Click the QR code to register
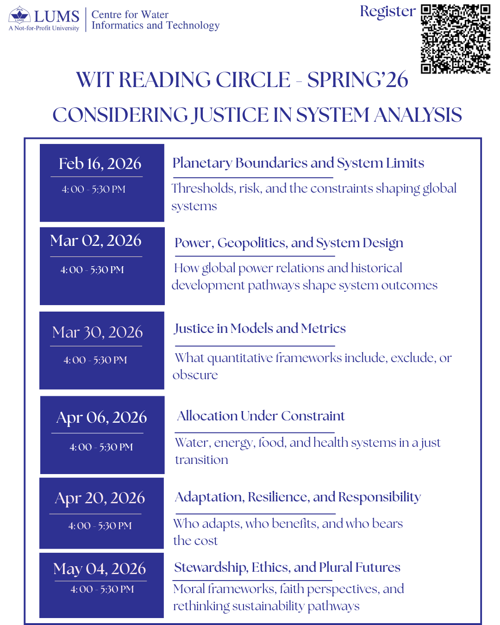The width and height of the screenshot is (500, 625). coord(456,39)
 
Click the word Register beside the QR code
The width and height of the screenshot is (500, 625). coord(387,11)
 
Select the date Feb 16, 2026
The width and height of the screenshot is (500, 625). coord(100,163)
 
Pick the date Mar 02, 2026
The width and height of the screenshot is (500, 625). coord(96,240)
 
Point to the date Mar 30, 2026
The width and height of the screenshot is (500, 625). coord(97,332)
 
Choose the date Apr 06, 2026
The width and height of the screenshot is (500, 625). coord(101,417)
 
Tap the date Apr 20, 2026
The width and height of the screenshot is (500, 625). coord(100,498)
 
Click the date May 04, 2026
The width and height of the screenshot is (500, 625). coord(100,569)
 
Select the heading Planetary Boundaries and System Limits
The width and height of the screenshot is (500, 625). coord(298,163)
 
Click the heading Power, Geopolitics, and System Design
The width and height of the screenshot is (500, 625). coord(289,243)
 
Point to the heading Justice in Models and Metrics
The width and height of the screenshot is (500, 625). coord(260,328)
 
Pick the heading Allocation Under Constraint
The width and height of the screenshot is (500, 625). coord(261,416)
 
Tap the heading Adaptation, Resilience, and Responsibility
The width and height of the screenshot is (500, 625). coord(298,497)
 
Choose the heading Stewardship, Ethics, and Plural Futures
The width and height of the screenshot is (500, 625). coord(287,567)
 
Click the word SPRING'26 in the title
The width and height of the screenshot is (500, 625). coord(357,80)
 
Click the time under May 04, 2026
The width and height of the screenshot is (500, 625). coord(102,589)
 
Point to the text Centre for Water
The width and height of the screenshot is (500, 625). coord(130,15)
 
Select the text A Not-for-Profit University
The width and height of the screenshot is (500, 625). coord(44,28)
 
